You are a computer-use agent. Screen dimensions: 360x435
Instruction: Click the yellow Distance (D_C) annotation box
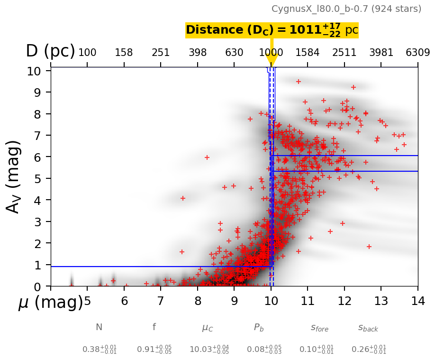point(272,30)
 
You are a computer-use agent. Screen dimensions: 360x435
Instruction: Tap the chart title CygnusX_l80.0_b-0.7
point(346,9)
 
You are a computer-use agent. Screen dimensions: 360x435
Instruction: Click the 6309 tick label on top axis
point(417,52)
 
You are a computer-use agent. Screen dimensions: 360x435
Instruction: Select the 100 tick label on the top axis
point(87,52)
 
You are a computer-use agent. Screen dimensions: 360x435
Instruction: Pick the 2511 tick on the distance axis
point(344,52)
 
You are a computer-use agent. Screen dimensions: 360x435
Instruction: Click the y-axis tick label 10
point(40,71)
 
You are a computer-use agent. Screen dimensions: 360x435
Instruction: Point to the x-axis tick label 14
point(417,301)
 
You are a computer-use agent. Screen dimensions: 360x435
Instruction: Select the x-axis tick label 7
point(161,301)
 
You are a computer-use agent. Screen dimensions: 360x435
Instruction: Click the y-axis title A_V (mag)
point(14,176)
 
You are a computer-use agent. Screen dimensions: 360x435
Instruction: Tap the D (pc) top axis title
point(50,51)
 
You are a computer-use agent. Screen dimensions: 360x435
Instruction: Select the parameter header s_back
point(368,327)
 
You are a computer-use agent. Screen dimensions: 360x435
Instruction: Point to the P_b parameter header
point(259,327)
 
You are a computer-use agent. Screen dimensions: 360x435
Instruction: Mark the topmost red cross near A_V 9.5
point(299,82)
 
